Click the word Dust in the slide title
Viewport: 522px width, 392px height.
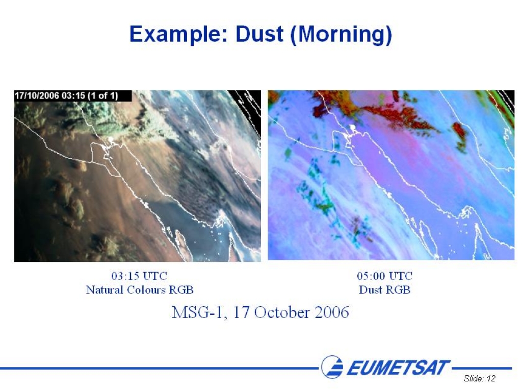click(259, 34)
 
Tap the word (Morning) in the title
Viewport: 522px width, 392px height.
click(341, 35)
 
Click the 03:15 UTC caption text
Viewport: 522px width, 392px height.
click(139, 276)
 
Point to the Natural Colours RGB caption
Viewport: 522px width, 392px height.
click(140, 290)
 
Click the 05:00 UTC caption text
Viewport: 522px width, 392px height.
click(384, 276)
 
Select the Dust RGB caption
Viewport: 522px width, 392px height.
click(384, 290)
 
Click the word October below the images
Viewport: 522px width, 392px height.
click(282, 313)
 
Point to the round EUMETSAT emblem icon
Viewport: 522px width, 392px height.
click(332, 366)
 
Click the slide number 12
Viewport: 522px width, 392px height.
click(491, 378)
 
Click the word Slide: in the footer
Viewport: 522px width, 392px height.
click(474, 378)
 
